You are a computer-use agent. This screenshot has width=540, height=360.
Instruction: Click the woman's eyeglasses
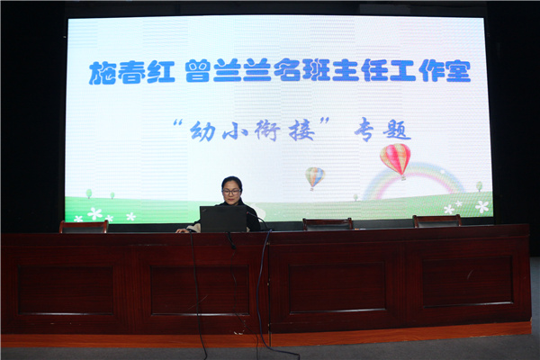pos(231,192)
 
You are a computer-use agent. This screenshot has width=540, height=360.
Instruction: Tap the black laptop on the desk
pos(223,219)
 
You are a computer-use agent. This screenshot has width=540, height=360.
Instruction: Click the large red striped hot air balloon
pos(395,160)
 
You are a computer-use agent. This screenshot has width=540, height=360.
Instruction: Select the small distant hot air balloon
pos(315,178)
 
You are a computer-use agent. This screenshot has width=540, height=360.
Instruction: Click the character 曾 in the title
pos(198,70)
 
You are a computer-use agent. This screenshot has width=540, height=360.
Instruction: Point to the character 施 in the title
pos(102,73)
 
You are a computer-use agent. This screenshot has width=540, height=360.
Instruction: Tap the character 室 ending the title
pos(458,70)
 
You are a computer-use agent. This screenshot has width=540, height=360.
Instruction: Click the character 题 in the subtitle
pos(398,130)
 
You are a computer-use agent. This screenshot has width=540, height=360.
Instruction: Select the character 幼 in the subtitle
pos(202,130)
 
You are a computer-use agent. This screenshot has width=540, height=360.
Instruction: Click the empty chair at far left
pos(84,227)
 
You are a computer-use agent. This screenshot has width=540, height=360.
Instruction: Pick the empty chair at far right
pos(437,220)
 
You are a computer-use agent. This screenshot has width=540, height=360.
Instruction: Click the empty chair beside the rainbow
pos(328,223)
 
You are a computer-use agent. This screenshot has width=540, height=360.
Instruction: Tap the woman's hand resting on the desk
pos(182,230)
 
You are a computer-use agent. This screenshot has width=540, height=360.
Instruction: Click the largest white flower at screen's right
pos(481,206)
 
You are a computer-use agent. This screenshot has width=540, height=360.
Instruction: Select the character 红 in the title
pos(161,72)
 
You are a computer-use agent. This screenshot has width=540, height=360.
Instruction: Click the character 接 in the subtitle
pos(301,130)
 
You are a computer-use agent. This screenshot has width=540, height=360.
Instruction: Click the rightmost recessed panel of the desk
pos(467,281)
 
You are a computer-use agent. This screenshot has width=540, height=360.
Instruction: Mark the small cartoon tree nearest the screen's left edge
pos(89,193)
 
